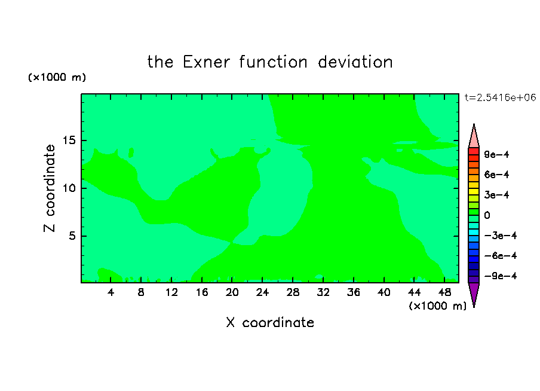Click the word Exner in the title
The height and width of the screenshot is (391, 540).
click(x=206, y=62)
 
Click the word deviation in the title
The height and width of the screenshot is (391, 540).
click(x=355, y=62)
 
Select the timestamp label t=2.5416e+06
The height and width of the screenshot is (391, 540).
click(x=500, y=97)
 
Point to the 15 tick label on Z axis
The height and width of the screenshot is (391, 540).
click(x=69, y=140)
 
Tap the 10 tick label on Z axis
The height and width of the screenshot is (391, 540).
click(x=69, y=188)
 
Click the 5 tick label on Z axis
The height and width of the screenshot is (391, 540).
click(x=72, y=236)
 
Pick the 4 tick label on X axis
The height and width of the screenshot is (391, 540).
click(x=111, y=292)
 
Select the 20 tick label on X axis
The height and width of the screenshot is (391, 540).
click(x=232, y=292)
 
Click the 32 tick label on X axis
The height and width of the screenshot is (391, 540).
click(x=323, y=292)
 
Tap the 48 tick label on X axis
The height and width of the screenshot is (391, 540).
click(x=444, y=292)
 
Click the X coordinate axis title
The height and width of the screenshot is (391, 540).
click(x=270, y=322)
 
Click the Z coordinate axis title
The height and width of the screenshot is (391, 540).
click(x=50, y=188)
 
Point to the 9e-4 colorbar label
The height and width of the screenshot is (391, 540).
click(x=496, y=154)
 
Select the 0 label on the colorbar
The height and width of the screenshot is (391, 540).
click(x=487, y=215)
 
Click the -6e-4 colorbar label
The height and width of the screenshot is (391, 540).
click(x=501, y=256)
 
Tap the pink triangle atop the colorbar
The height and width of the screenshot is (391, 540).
click(x=474, y=136)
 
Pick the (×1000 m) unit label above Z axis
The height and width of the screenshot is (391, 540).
click(x=57, y=77)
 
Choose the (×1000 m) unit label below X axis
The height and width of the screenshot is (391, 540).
click(x=437, y=306)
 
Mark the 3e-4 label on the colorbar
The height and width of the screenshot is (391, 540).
click(x=496, y=195)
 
